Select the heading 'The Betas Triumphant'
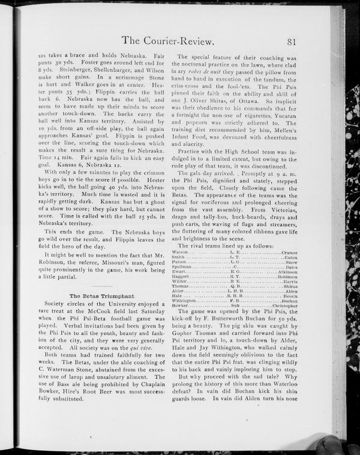pyautogui.click(x=101, y=296)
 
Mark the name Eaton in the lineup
pyautogui.click(x=290, y=258)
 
